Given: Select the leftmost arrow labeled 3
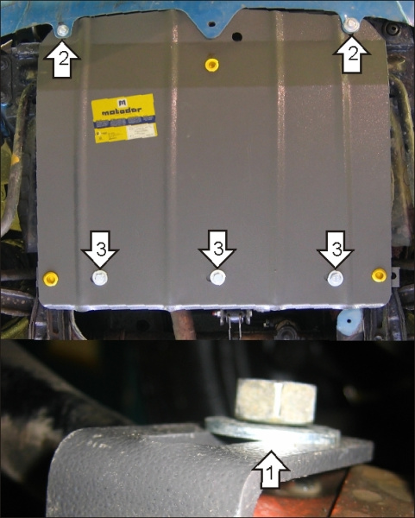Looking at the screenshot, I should pyautogui.click(x=101, y=251).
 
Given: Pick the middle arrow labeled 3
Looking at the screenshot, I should pyautogui.click(x=217, y=251).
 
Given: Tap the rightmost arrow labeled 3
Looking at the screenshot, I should pyautogui.click(x=336, y=251).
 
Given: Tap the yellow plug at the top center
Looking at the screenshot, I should pyautogui.click(x=211, y=64).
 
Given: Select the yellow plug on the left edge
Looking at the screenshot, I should pyautogui.click(x=52, y=277).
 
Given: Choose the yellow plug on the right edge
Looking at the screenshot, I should pyautogui.click(x=378, y=275).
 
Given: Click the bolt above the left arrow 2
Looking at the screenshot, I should pyautogui.click(x=64, y=31).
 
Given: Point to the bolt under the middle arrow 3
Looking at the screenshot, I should pyautogui.click(x=217, y=278).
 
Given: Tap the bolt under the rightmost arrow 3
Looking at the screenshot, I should pyautogui.click(x=335, y=277).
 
